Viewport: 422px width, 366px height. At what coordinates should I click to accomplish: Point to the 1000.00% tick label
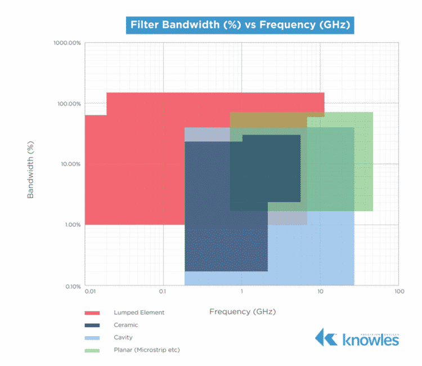(x=68, y=43)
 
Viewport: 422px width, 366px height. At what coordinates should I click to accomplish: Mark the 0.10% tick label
(x=71, y=287)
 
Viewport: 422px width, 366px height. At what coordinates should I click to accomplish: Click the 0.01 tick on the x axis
(x=89, y=292)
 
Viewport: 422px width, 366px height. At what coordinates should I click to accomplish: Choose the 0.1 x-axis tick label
(x=163, y=292)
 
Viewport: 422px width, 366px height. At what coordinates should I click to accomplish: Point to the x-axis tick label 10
(x=320, y=292)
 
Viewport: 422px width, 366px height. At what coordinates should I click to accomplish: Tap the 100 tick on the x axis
(x=399, y=292)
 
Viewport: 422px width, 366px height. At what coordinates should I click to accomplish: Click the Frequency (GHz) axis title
(x=243, y=311)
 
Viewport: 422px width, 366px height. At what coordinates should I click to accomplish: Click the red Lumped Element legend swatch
(x=92, y=313)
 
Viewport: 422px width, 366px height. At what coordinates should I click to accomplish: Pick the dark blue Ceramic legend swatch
(x=92, y=325)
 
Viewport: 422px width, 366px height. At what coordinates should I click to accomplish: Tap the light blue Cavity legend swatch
(x=92, y=337)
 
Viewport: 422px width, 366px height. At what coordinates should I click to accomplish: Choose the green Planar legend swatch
(x=92, y=350)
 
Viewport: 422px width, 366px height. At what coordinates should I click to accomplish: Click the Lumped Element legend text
(x=139, y=313)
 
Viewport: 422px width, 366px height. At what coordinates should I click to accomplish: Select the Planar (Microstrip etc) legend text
(x=146, y=350)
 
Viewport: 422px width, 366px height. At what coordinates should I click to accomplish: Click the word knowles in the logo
(x=371, y=340)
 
